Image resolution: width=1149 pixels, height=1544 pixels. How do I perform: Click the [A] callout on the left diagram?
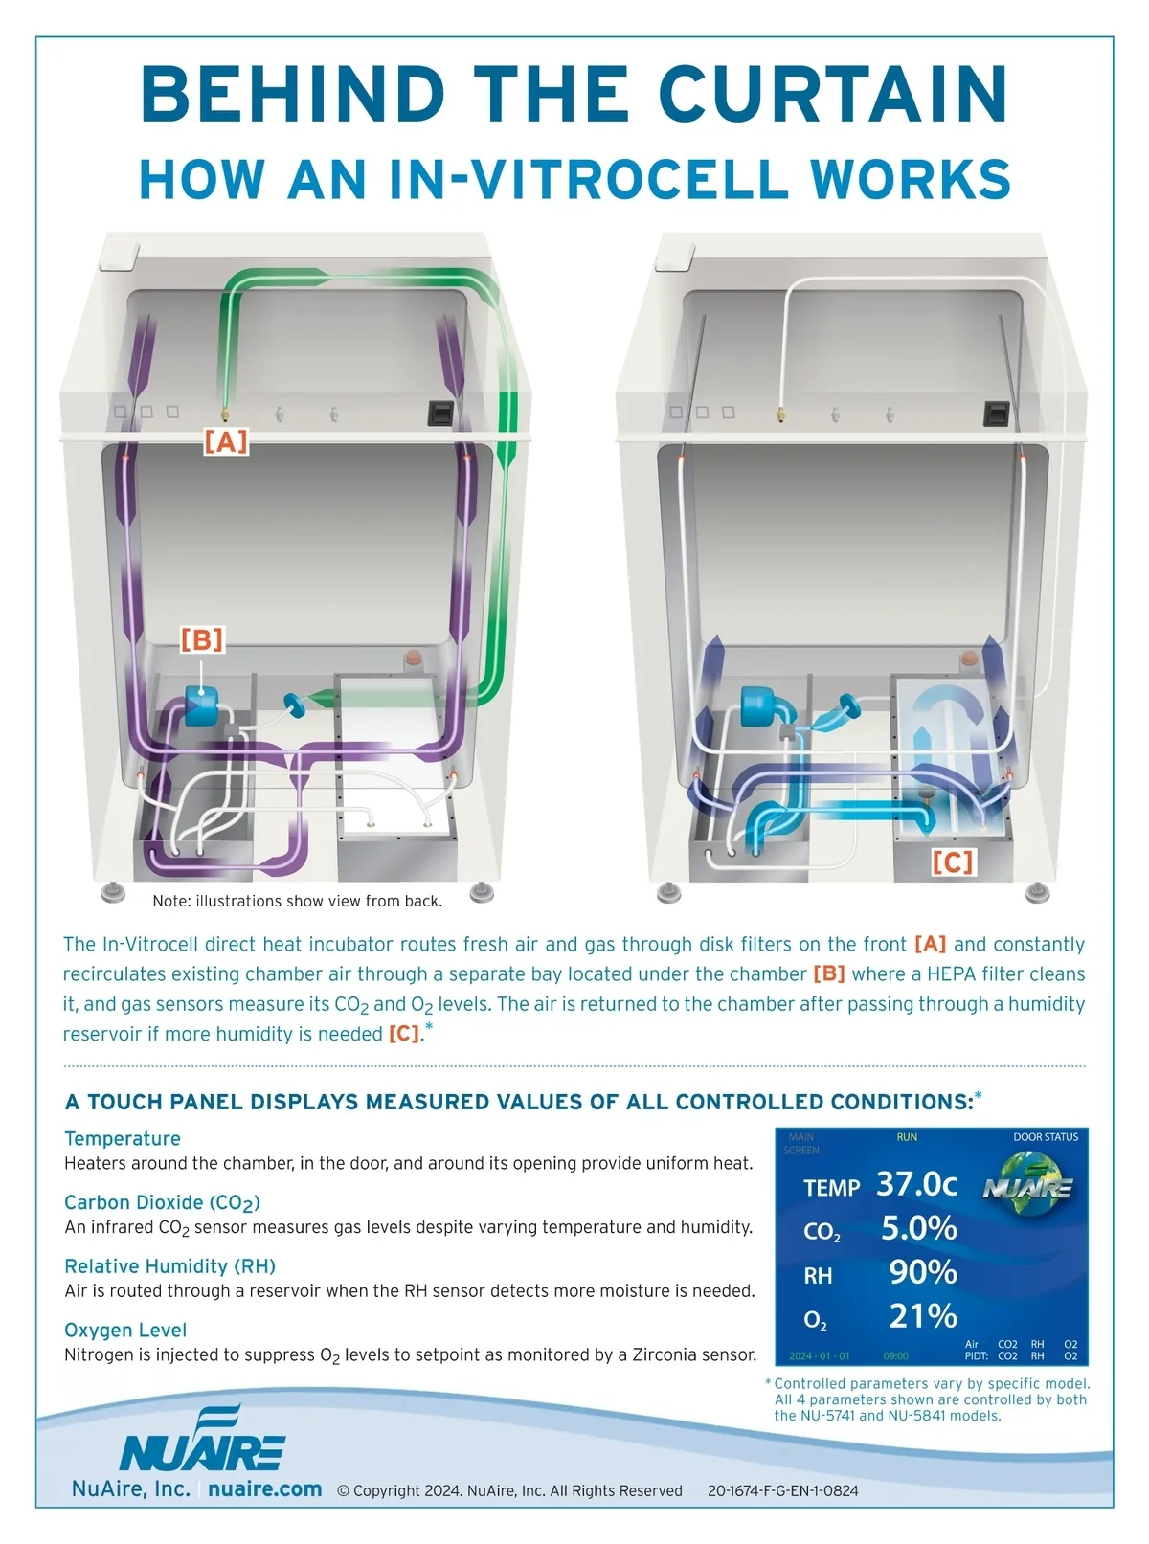(x=226, y=441)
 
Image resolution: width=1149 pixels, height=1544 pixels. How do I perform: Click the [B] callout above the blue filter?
(x=202, y=639)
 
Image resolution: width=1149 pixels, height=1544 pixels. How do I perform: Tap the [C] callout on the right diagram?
(x=953, y=862)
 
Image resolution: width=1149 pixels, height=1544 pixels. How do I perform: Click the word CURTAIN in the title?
(x=833, y=94)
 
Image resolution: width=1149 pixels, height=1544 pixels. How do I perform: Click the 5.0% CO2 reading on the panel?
(x=918, y=1229)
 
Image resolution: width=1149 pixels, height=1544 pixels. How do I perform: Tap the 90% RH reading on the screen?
(x=923, y=1272)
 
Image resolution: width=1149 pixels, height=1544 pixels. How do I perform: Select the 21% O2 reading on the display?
(x=923, y=1316)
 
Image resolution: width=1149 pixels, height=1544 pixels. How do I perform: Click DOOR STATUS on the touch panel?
(x=1046, y=1137)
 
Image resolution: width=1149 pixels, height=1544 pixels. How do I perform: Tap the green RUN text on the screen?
(x=907, y=1137)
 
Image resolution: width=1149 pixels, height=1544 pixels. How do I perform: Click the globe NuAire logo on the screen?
(x=1028, y=1184)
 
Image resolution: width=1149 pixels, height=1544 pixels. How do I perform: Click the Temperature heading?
(x=123, y=1139)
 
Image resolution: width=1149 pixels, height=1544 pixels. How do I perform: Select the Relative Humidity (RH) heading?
(x=169, y=1266)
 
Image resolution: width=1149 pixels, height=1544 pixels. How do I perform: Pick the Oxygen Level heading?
(x=125, y=1331)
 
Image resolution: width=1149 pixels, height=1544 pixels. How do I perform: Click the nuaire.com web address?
(x=265, y=1489)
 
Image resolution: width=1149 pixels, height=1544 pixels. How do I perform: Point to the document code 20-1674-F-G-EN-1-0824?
(x=782, y=1491)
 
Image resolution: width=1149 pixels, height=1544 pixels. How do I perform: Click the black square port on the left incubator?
(x=440, y=413)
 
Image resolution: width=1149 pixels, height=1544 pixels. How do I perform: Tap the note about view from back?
(x=298, y=901)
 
